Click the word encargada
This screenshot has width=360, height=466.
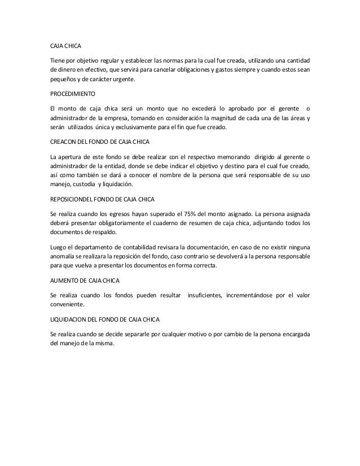pos(294,333)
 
